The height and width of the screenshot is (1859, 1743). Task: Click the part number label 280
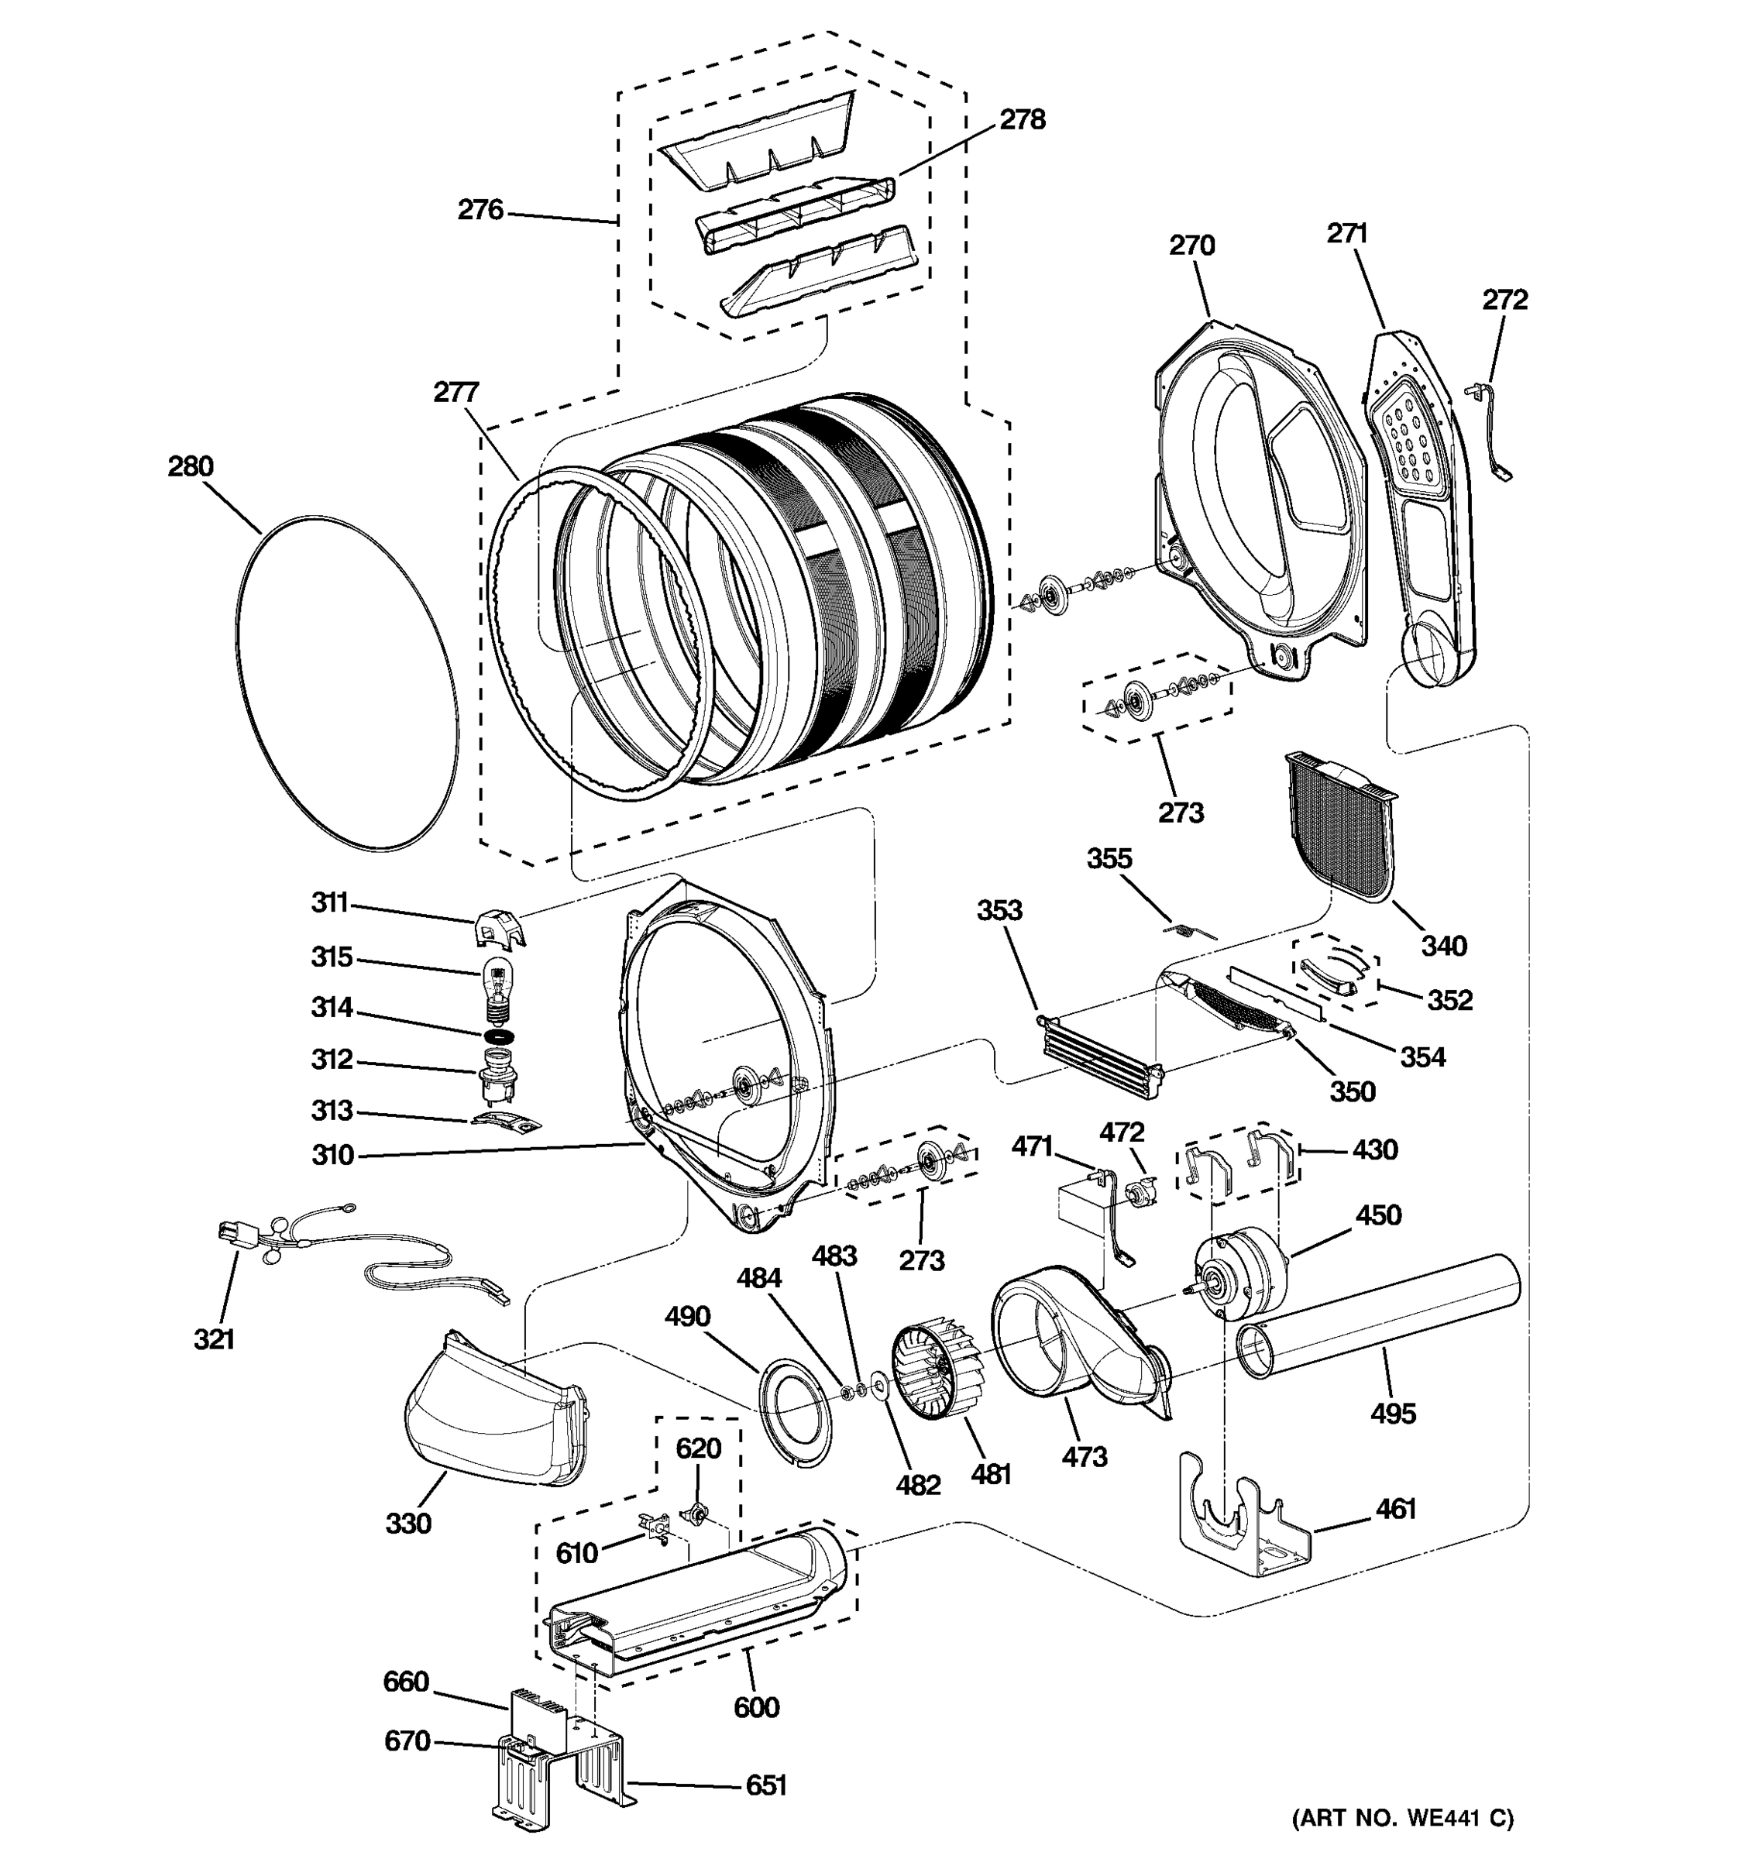tap(191, 466)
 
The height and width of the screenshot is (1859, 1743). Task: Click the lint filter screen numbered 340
tap(1339, 825)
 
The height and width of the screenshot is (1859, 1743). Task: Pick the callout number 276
tap(480, 209)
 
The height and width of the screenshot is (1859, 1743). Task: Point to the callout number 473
tap(1084, 1457)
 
